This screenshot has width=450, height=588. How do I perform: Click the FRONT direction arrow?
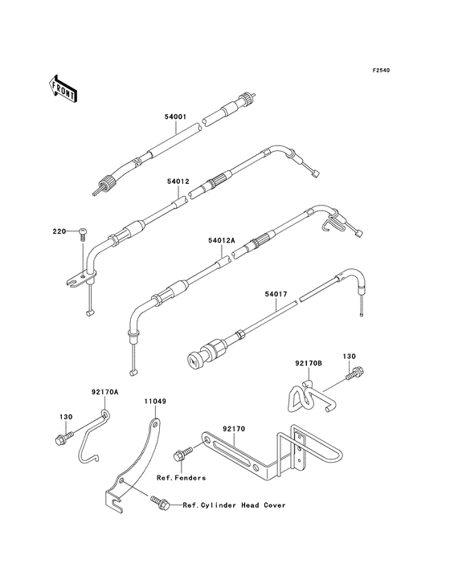63,89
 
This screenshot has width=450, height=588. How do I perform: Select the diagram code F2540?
381,70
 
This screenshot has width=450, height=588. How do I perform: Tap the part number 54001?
175,116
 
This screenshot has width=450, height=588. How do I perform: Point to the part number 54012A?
221,240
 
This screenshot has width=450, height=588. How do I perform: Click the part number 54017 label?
276,294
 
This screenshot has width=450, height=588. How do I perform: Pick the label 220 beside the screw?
59,231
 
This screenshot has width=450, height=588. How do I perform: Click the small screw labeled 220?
83,233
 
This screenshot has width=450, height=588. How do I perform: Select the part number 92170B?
309,363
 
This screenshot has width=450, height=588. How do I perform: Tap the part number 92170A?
104,392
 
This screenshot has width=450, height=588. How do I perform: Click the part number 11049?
155,402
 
